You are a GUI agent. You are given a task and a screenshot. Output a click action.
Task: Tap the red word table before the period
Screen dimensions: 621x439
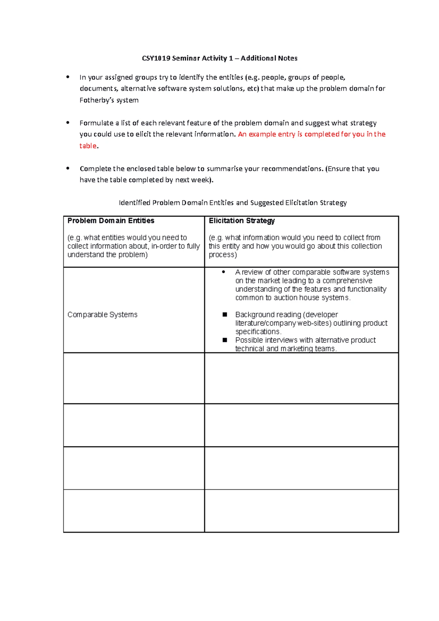(x=88, y=146)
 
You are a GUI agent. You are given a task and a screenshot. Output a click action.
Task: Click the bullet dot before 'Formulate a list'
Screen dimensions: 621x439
(x=68, y=123)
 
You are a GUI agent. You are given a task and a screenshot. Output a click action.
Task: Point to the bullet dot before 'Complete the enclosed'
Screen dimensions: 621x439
(x=68, y=169)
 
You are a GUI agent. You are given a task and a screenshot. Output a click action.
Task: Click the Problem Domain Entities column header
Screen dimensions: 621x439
(x=111, y=221)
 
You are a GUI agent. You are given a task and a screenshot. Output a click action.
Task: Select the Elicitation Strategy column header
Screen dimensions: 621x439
(x=241, y=221)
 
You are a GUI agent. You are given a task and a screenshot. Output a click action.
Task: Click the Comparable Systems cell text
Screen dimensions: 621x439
(x=102, y=315)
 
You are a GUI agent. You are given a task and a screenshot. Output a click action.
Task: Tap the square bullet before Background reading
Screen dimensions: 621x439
(x=225, y=315)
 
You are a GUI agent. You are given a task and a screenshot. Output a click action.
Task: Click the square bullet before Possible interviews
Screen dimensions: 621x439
(x=225, y=340)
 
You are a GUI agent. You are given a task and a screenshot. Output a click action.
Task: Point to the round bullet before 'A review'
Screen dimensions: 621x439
(x=224, y=272)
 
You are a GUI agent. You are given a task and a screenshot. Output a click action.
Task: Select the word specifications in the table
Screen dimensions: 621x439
(x=258, y=332)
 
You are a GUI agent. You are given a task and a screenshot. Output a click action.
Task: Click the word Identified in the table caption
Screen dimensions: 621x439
(x=134, y=203)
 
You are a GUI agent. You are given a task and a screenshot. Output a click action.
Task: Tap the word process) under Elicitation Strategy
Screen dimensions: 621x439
(x=222, y=255)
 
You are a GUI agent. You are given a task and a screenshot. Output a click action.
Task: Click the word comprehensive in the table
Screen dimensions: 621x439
(x=347, y=281)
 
